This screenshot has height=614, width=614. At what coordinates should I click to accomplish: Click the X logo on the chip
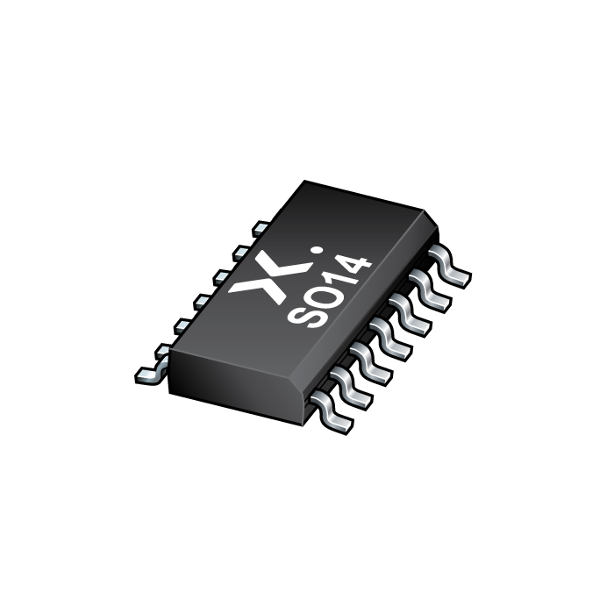pos(261,279)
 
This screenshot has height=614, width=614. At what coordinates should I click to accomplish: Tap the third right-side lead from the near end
pos(372,368)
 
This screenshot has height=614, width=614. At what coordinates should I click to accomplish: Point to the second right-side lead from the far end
pos(430,303)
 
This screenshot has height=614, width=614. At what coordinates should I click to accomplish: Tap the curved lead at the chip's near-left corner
pos(150,372)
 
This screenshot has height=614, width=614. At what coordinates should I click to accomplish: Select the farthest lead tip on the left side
pos(260,228)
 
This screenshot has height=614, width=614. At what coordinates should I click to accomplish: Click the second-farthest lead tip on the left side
pos(238,253)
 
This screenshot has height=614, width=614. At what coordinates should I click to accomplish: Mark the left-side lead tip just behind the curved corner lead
pos(162,350)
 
